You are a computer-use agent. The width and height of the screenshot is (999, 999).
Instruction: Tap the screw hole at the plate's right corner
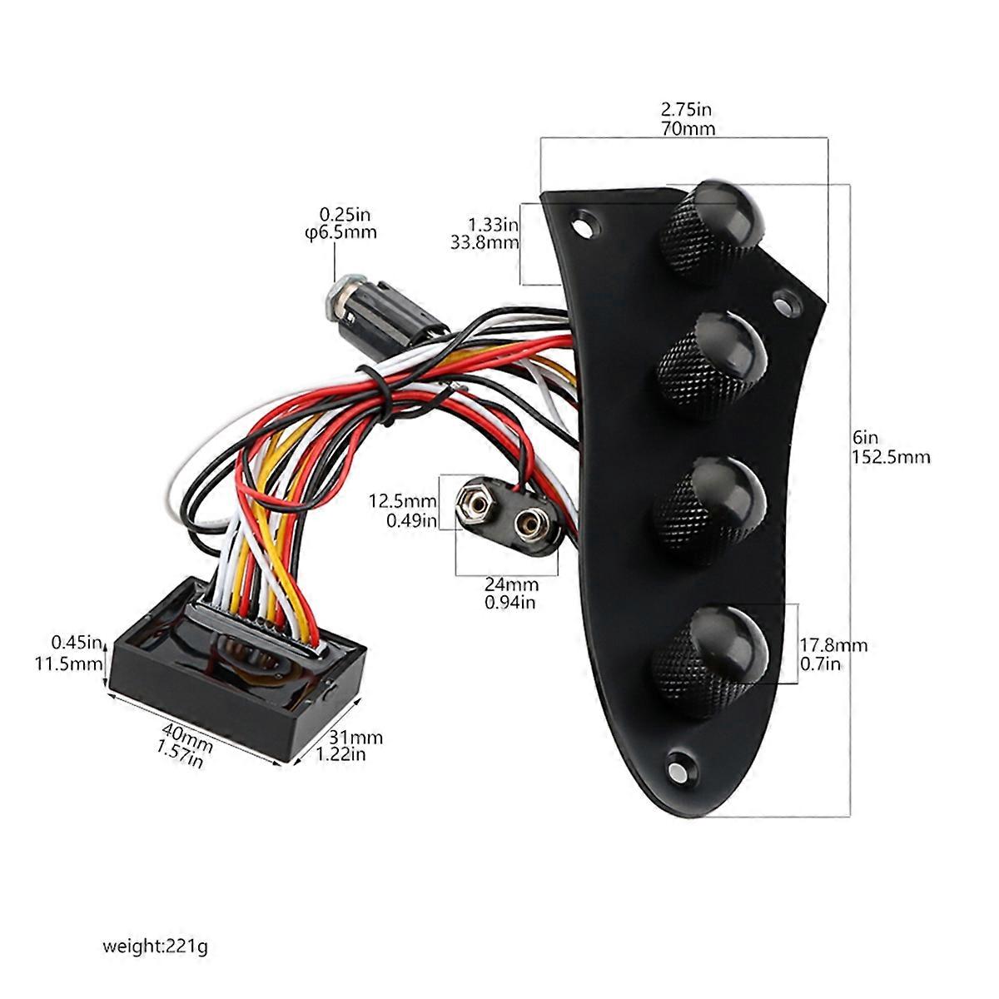(x=784, y=302)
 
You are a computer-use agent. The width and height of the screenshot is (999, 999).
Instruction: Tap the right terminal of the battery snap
(x=528, y=524)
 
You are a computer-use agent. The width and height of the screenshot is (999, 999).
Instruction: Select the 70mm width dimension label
(x=688, y=128)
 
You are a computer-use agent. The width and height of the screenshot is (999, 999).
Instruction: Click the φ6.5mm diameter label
(x=340, y=231)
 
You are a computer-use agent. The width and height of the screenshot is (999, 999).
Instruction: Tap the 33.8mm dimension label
(x=484, y=242)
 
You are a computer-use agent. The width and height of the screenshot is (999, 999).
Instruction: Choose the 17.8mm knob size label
(x=833, y=645)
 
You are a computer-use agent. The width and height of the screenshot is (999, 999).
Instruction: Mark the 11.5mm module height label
(x=76, y=664)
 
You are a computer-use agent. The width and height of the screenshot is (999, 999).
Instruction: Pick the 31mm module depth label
(x=355, y=737)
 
